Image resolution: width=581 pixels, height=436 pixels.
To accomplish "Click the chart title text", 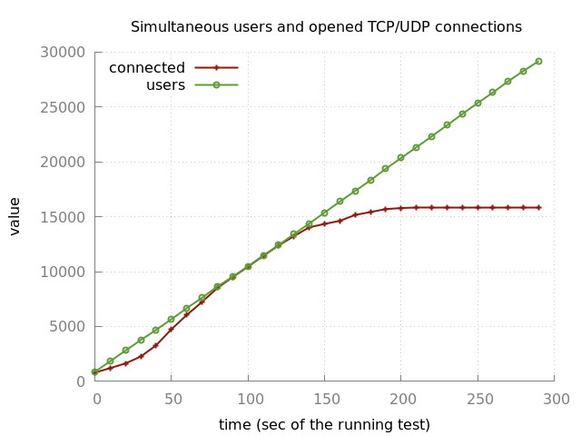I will (x=326, y=27).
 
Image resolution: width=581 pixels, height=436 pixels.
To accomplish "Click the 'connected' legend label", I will (x=147, y=68).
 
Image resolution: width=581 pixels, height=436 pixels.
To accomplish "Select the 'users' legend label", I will (x=165, y=85).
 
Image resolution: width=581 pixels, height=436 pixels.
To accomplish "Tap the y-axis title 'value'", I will (x=15, y=216).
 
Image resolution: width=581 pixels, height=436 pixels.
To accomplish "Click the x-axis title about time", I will (x=324, y=425).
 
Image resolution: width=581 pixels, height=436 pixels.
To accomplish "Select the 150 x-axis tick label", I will (x=324, y=399).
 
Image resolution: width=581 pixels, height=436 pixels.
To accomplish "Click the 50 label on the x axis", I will (x=171, y=399).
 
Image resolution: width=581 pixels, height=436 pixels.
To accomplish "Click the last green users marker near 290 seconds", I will (x=538, y=62).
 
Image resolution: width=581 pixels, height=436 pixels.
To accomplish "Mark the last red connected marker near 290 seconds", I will (x=538, y=207).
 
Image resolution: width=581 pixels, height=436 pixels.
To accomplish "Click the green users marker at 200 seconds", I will (x=400, y=158).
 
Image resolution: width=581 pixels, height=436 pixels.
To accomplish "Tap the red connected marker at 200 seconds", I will (x=400, y=208).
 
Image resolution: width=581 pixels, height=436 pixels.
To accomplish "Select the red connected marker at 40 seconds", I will (x=155, y=345).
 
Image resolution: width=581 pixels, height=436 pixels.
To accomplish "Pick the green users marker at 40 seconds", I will (x=155, y=331).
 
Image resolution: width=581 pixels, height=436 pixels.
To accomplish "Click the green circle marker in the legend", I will (x=216, y=85).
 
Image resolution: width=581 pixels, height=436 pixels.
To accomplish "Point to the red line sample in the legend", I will (x=216, y=67).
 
